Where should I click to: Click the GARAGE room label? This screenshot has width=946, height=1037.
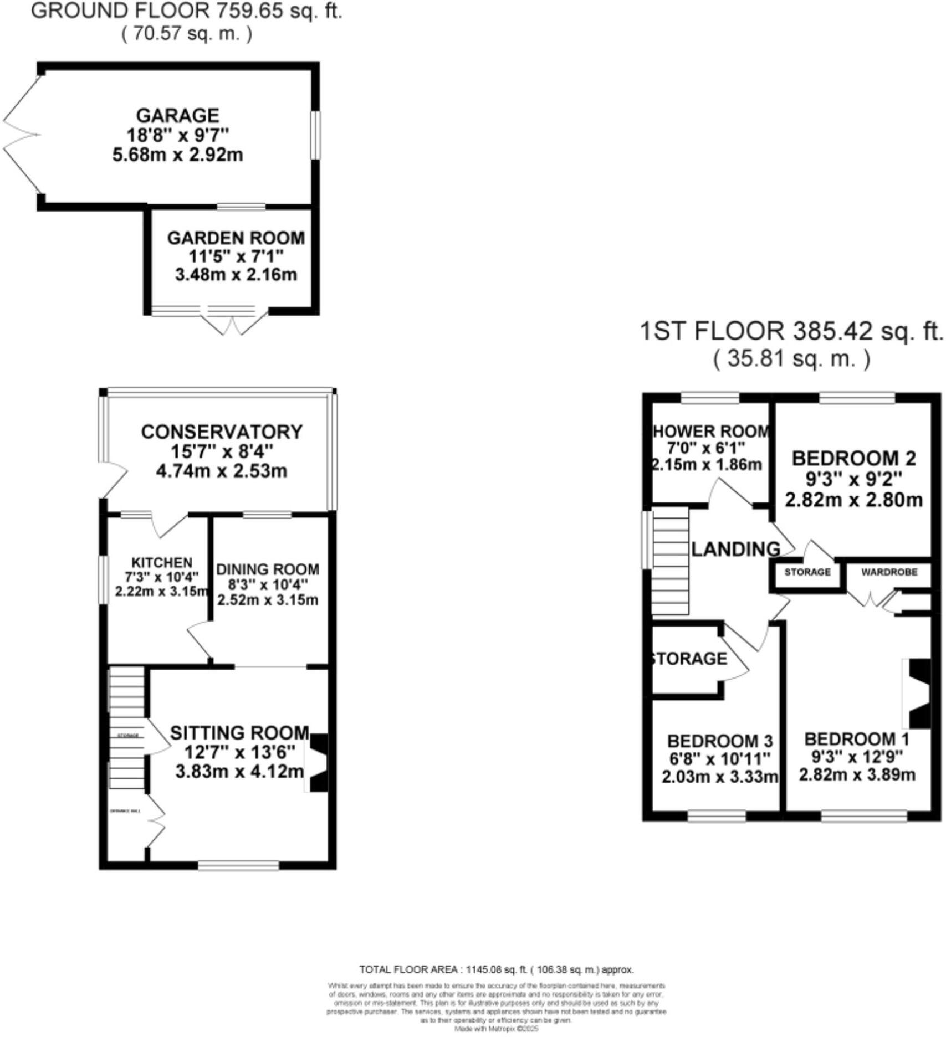pos(178,115)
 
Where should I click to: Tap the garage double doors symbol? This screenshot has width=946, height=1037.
pos(22,135)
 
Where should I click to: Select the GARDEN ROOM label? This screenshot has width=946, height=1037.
pos(236,238)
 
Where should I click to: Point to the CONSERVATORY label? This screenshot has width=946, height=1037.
pos(222,432)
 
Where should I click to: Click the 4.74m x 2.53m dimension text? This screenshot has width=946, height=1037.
pos(222,471)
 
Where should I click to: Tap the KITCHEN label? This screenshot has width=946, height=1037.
pos(161,563)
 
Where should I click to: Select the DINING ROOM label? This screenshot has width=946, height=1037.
pos(267,569)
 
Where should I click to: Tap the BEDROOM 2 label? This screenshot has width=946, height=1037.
pos(853,458)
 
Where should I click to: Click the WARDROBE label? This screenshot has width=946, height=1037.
pos(889,572)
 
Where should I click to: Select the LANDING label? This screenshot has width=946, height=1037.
pos(736,549)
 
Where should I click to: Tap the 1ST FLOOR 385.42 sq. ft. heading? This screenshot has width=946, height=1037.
pos(791,331)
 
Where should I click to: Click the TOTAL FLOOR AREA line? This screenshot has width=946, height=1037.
pos(496,969)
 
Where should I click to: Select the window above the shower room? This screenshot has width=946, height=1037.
pos(710,397)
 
